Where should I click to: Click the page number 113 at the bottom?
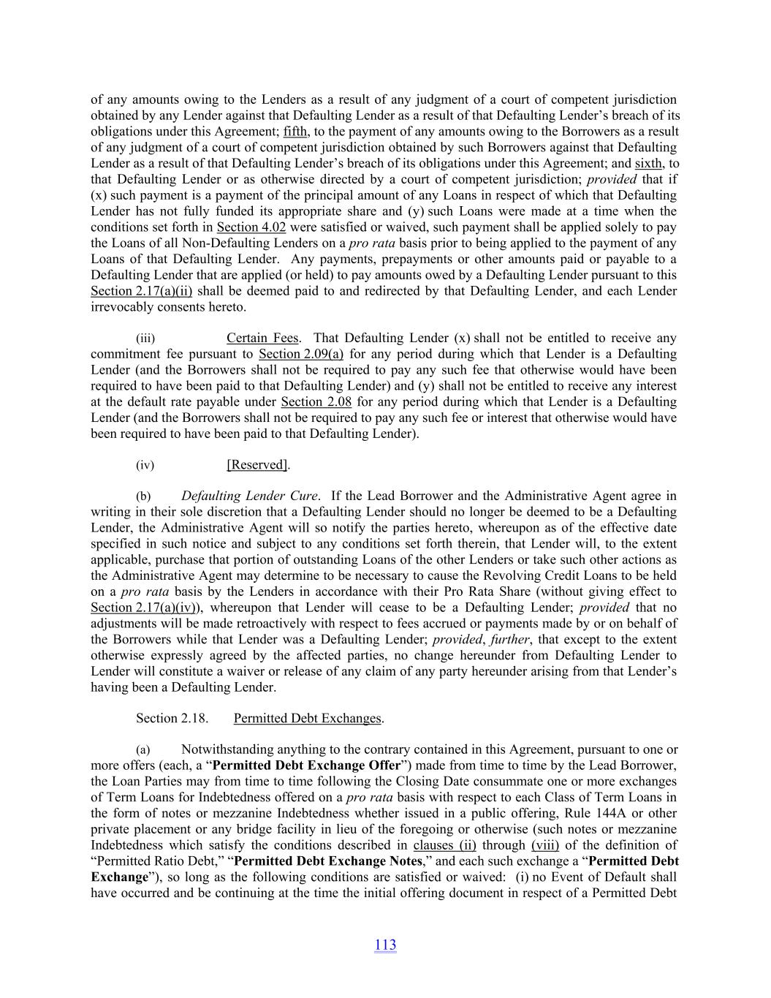[x=385, y=945]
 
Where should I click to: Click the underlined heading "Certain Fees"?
[x=262, y=338]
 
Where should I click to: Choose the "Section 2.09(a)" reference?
[x=301, y=354]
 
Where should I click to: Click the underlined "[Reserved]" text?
[x=258, y=465]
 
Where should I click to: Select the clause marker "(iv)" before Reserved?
[x=145, y=465]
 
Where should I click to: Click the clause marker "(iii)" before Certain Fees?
[x=145, y=339]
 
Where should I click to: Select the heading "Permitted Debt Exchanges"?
[x=307, y=719]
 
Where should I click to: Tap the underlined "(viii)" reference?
[x=544, y=845]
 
